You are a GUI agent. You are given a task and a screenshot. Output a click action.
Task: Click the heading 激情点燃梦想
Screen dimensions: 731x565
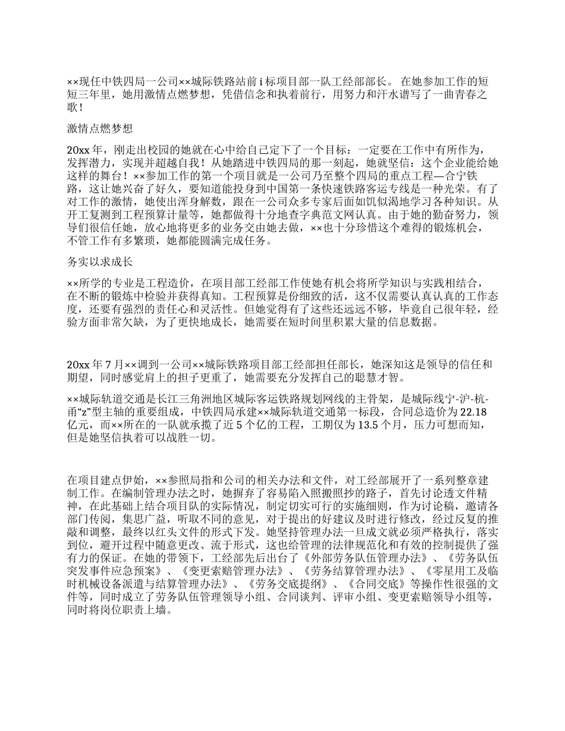tap(99, 128)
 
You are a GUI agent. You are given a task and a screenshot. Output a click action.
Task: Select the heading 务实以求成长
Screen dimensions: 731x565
tap(99, 261)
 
